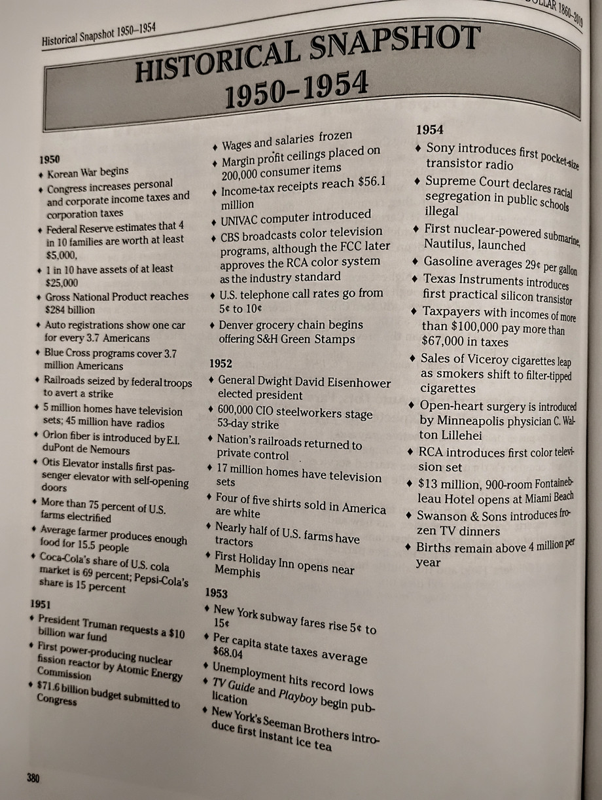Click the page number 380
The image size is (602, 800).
click(33, 778)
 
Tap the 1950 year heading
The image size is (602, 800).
click(50, 159)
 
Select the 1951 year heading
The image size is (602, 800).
click(41, 603)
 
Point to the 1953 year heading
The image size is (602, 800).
click(216, 593)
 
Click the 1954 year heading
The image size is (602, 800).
click(429, 130)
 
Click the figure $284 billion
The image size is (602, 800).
click(70, 310)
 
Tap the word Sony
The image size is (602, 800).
click(442, 149)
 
